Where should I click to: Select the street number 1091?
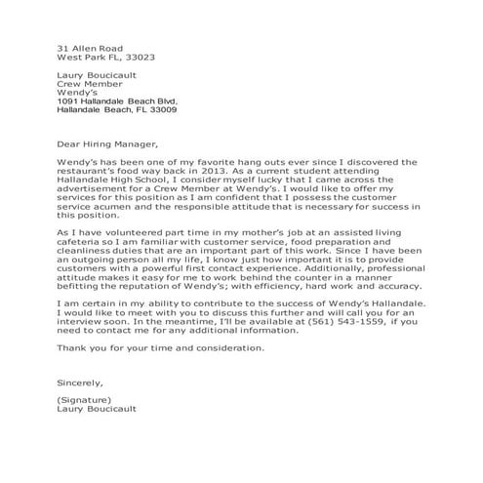pyautogui.click(x=70, y=101)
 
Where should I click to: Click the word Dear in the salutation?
pyautogui.click(x=68, y=136)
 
